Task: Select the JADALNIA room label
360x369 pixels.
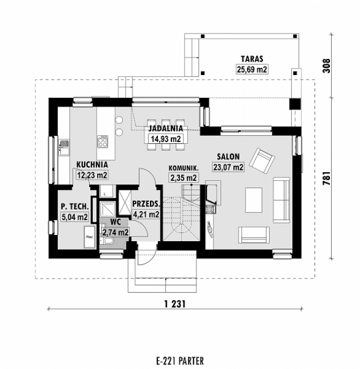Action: (165, 128)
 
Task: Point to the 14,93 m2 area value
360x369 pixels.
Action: (165, 138)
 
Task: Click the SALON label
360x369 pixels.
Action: (228, 156)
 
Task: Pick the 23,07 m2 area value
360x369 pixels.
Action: (228, 167)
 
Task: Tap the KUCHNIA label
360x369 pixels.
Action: (92, 164)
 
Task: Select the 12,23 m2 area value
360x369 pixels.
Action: (92, 175)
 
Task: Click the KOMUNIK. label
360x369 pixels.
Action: (183, 168)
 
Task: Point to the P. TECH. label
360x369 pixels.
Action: (74, 206)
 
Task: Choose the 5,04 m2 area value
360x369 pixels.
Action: (74, 217)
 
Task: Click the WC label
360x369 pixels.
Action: (115, 222)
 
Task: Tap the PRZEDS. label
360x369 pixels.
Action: (145, 204)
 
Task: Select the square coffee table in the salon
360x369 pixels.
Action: (253, 198)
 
